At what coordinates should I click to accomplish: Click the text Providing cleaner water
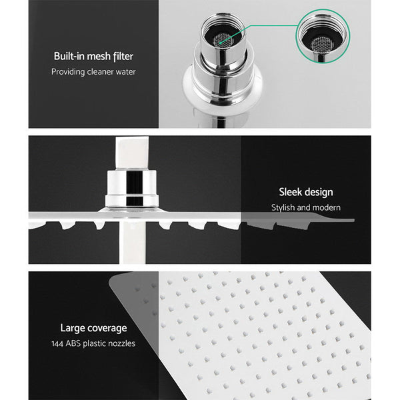point(93,71)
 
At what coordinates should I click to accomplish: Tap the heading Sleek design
point(306,192)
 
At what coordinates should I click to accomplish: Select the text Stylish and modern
point(306,207)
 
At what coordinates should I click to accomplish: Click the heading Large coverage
point(93,327)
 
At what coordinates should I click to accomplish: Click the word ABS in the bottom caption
point(78,343)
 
